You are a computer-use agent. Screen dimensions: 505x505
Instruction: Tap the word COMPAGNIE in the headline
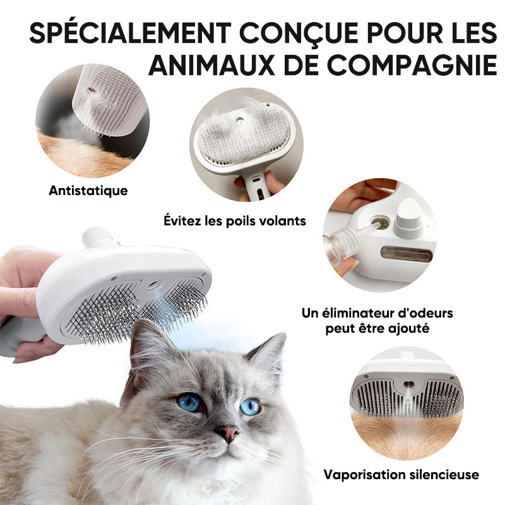coord(412,65)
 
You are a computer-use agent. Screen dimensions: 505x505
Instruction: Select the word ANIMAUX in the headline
coord(211,65)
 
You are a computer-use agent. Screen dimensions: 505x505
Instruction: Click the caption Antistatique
coord(88,191)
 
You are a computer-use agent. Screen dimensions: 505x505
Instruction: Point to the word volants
coord(282,221)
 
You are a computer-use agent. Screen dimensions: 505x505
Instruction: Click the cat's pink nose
coord(228,432)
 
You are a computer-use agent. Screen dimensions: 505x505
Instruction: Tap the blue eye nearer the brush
coord(189,403)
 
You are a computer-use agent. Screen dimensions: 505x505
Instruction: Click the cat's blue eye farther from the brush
coord(249,407)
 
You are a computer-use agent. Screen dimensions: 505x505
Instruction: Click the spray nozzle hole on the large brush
coord(154,285)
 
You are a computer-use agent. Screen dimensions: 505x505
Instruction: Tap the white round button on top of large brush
coord(96,237)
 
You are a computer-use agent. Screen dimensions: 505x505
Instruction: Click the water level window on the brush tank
coord(407,254)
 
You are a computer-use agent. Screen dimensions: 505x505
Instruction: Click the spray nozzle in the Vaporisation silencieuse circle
coord(408,384)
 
